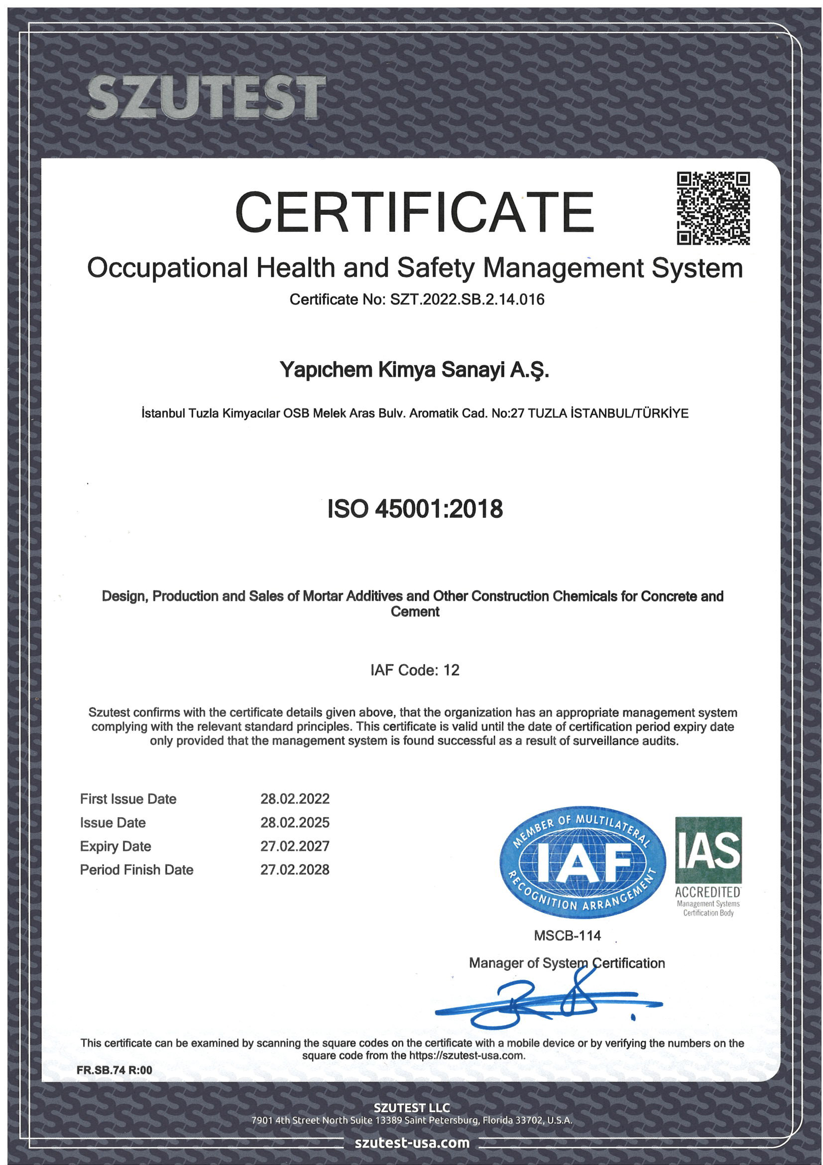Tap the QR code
click(713, 208)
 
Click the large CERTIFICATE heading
click(414, 212)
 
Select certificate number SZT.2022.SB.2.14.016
click(467, 299)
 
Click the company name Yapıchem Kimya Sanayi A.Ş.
click(414, 370)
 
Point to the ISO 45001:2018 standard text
click(415, 509)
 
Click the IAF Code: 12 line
click(414, 670)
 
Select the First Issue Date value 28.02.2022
click(295, 799)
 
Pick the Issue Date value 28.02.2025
click(295, 823)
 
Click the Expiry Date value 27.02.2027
click(295, 846)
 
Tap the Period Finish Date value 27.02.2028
click(295, 870)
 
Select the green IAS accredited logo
click(708, 866)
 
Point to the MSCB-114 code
click(567, 936)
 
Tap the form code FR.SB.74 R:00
click(114, 1070)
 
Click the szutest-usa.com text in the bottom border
click(412, 1142)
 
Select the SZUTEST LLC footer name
click(412, 1108)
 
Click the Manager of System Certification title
click(567, 963)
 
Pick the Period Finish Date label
click(136, 870)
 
